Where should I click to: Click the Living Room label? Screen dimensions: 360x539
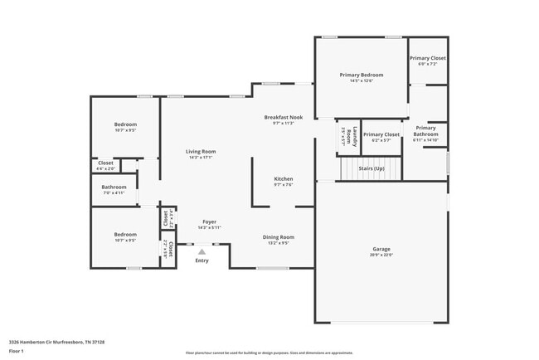tap(201, 151)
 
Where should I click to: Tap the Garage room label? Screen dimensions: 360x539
tap(381, 249)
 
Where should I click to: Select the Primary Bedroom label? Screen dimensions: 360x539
tap(362, 75)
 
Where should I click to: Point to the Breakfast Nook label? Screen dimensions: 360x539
tap(284, 117)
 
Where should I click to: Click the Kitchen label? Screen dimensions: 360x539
tap(284, 178)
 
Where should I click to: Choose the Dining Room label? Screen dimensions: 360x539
tap(279, 237)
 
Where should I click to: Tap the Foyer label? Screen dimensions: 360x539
tap(211, 221)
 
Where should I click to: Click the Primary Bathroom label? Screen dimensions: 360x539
tap(426, 131)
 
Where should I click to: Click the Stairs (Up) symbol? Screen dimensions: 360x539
tap(371, 169)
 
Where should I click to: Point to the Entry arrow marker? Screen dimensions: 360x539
tap(202, 251)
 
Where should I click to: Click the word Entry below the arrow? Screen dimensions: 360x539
tap(202, 261)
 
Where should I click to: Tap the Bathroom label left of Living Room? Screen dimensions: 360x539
tap(114, 187)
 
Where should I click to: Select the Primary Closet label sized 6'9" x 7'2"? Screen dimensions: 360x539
tap(428, 58)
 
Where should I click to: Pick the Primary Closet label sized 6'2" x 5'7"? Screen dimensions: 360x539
tap(381, 134)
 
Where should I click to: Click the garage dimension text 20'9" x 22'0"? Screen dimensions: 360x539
tap(381, 255)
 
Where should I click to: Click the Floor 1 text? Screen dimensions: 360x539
tap(17, 351)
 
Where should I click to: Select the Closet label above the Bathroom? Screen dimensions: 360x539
tap(106, 163)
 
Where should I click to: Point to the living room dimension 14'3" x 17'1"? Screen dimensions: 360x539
tap(201, 157)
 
